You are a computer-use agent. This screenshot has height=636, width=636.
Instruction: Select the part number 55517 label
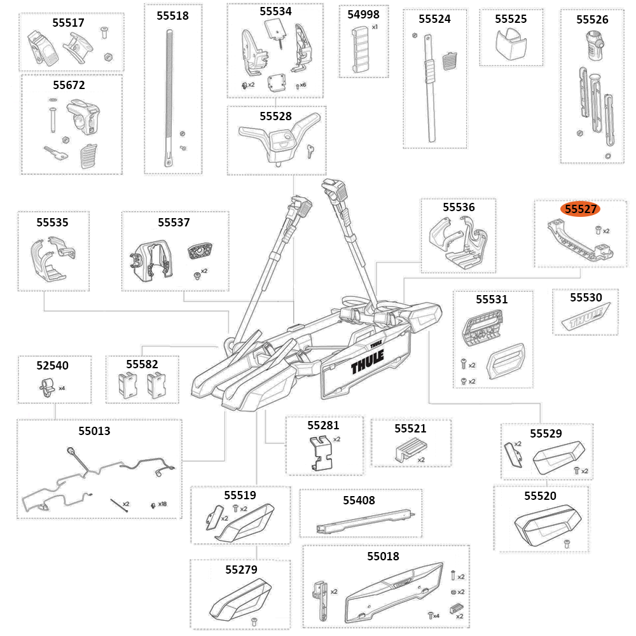tap(68, 22)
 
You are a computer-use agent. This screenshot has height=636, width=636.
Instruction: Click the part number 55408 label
tap(359, 501)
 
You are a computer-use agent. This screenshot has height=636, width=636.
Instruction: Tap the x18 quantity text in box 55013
tap(163, 504)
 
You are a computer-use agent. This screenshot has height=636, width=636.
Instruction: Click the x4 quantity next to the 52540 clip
tap(62, 387)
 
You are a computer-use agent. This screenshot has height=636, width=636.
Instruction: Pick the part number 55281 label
tap(323, 425)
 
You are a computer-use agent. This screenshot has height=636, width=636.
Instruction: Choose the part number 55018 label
tap(383, 556)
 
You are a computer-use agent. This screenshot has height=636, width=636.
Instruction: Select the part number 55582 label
tap(142, 364)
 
